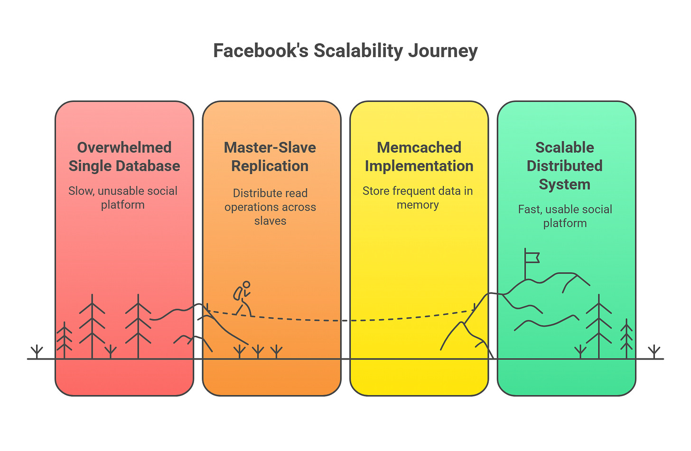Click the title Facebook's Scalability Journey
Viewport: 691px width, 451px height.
pyautogui.click(x=345, y=51)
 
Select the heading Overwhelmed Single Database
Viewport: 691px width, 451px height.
pyautogui.click(x=124, y=156)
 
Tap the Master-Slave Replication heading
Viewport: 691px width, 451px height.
pyautogui.click(x=270, y=156)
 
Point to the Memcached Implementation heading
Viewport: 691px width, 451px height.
pyautogui.click(x=419, y=156)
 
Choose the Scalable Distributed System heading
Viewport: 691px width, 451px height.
pyautogui.click(x=565, y=166)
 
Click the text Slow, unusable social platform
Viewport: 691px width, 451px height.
pyautogui.click(x=123, y=198)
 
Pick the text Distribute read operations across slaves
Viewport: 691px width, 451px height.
pyautogui.click(x=270, y=207)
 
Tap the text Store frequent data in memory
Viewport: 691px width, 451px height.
pyautogui.click(x=418, y=198)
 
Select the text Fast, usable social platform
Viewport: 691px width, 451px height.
pyautogui.click(x=565, y=216)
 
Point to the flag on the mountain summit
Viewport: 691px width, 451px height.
pyautogui.click(x=532, y=257)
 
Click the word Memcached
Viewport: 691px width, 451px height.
pyautogui.click(x=419, y=147)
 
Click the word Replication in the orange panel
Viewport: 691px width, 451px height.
pyautogui.click(x=270, y=166)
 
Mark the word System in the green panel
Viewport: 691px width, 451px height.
pyautogui.click(x=565, y=184)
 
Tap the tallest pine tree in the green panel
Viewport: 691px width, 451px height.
pyautogui.click(x=599, y=327)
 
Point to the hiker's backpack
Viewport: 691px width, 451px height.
pyautogui.click(x=237, y=293)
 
